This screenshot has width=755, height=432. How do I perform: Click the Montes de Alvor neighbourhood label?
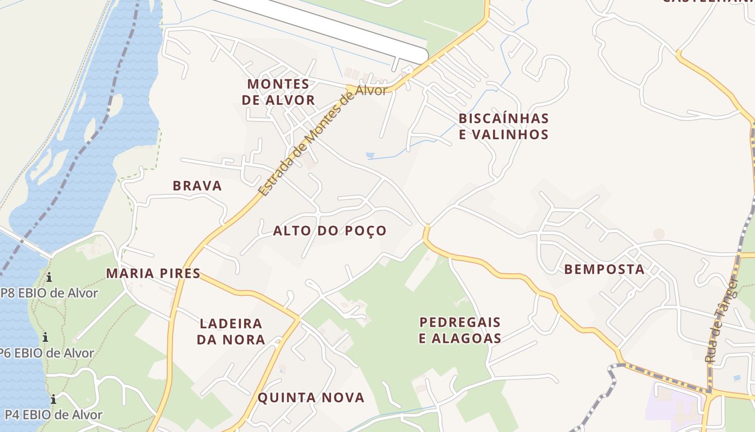278,92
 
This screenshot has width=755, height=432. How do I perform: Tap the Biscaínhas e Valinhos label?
503,126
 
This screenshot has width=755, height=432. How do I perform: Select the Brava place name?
197,186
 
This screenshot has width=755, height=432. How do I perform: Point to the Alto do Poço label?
330,231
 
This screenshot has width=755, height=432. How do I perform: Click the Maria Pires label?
153,273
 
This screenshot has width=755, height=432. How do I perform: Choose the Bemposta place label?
604,269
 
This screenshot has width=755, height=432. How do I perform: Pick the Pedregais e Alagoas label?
461,330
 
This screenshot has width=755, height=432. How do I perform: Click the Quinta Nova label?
311,398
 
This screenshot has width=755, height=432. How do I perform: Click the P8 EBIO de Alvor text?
50,293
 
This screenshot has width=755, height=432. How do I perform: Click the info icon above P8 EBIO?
49,278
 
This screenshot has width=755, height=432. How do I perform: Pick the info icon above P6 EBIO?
45,337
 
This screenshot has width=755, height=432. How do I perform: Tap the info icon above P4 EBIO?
53,400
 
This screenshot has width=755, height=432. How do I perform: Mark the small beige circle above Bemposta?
658,234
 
